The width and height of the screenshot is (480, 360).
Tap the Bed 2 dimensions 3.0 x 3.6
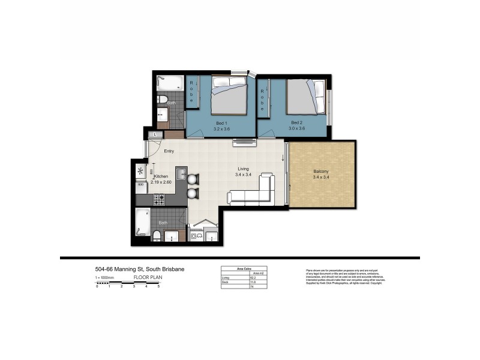pyautogui.click(x=297, y=128)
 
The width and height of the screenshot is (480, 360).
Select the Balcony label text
pyautogui.click(x=321, y=172)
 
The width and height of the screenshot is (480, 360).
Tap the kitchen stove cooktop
pyautogui.click(x=159, y=199)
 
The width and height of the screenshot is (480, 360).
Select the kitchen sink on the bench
pyautogui.click(x=182, y=173)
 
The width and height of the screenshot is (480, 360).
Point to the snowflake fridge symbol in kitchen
pyautogui.click(x=140, y=171)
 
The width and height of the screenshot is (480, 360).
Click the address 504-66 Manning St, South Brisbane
pyautogui.click(x=140, y=269)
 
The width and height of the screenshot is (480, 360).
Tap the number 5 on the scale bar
pyautogui.click(x=158, y=287)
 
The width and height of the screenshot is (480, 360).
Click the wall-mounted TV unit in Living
pyautogui.click(x=244, y=142)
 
